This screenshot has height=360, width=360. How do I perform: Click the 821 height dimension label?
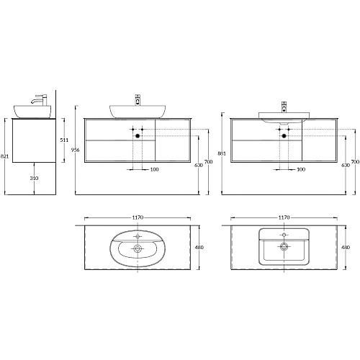point(4,156)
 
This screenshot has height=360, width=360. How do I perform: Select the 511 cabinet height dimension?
point(64,140)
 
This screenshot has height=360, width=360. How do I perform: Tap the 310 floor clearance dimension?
point(34,178)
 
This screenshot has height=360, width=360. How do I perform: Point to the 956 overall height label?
point(76,150)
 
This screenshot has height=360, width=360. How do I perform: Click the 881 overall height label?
point(222,153)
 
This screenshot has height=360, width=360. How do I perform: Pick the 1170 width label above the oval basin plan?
point(138,217)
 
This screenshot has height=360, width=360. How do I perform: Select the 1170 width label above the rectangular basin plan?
point(284,217)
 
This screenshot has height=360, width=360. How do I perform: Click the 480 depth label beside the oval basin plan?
point(199,247)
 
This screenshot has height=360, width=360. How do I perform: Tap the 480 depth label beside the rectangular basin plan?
point(346,247)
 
